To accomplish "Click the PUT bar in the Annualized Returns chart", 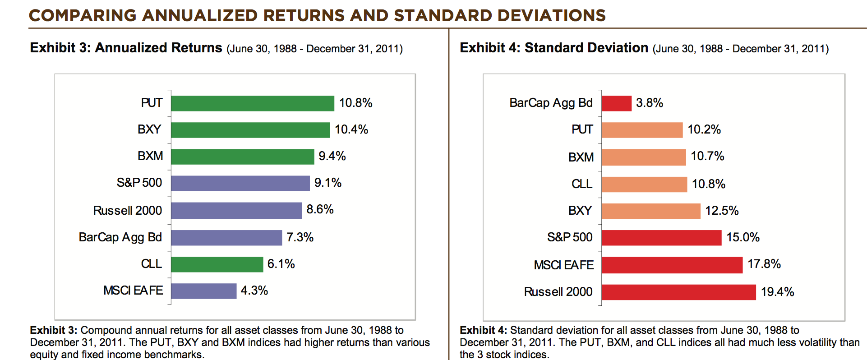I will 253,103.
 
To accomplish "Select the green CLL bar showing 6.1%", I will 217,264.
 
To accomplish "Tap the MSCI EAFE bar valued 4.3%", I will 203,291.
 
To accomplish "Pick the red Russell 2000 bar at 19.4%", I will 678,292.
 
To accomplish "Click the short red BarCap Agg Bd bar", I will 616,103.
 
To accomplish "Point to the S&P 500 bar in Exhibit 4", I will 661,238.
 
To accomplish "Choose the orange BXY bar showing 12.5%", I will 651,211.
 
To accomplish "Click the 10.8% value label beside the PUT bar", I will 355,103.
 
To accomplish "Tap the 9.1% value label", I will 328,183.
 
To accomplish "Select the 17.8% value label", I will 764,264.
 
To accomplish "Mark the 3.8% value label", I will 649,103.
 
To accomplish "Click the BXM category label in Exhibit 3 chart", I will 150,156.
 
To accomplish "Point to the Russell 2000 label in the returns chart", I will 128,211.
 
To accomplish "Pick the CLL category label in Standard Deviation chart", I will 582,184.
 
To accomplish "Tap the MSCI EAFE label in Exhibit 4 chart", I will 563,265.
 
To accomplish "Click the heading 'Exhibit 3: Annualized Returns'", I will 126,48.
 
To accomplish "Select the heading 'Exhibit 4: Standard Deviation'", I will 553,48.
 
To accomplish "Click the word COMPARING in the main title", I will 83,16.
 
